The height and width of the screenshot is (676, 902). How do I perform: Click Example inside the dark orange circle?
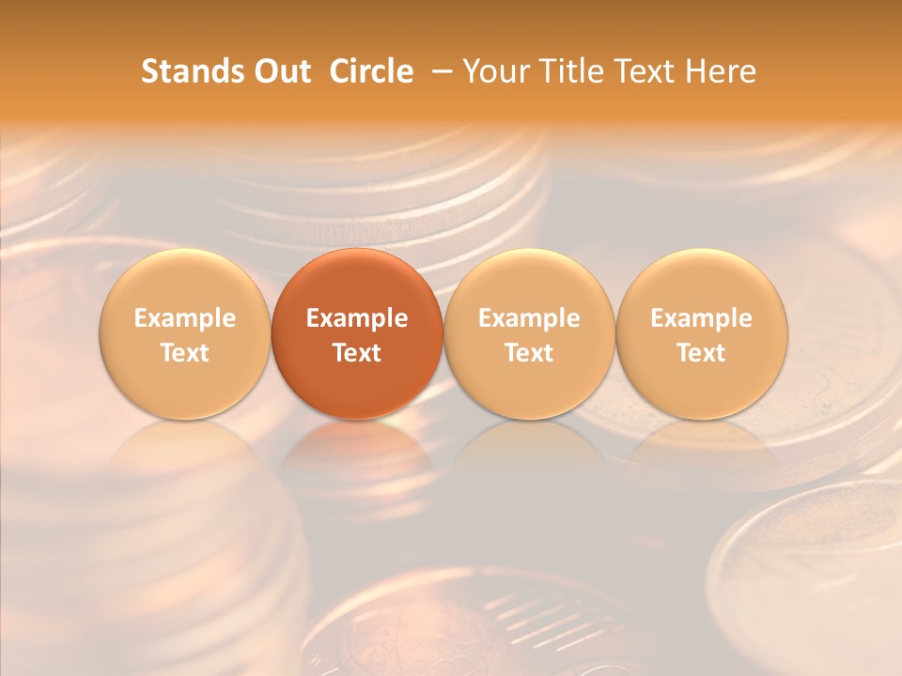pyautogui.click(x=357, y=318)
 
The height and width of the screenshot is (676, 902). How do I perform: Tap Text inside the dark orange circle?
pyautogui.click(x=357, y=353)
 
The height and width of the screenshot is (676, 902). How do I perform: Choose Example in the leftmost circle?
pyautogui.click(x=185, y=318)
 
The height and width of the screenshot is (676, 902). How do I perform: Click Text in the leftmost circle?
pyautogui.click(x=185, y=353)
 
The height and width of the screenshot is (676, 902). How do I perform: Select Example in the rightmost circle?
pyautogui.click(x=701, y=318)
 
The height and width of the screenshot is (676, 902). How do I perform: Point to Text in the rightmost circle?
pyautogui.click(x=701, y=353)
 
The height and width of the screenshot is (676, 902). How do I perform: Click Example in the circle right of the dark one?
pyautogui.click(x=529, y=318)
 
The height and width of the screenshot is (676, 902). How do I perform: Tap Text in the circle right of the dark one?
pyautogui.click(x=529, y=353)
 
